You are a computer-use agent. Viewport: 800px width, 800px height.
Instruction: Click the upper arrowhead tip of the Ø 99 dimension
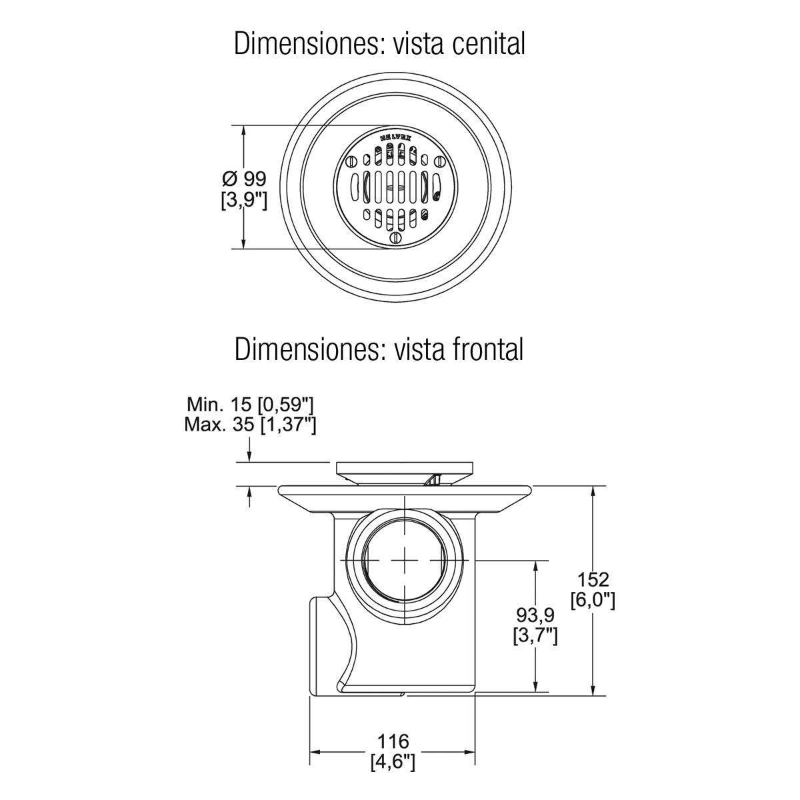[x=244, y=125]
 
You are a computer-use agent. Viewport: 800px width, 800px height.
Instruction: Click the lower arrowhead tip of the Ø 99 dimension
[x=244, y=249]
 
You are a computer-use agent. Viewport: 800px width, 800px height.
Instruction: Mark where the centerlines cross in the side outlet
[x=405, y=560]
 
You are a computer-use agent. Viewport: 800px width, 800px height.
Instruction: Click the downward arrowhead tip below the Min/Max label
[x=249, y=461]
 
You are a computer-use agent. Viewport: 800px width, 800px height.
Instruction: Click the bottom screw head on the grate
[x=396, y=238]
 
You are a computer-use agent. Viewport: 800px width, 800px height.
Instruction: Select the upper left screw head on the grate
[x=351, y=161]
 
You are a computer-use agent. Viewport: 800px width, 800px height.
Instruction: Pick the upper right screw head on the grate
[x=439, y=161]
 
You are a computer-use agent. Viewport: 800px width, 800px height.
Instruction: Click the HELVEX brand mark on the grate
[x=395, y=137]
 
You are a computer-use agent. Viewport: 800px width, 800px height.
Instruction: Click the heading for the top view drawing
[x=379, y=43]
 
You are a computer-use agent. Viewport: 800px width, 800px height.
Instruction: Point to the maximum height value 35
[x=243, y=425]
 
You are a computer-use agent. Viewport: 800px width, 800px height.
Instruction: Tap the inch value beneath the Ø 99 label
[x=244, y=200]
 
